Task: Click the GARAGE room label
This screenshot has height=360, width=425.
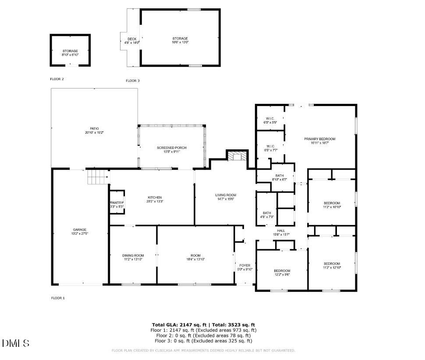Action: pyautogui.click(x=79, y=229)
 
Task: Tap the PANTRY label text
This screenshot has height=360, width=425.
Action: pyautogui.click(x=117, y=203)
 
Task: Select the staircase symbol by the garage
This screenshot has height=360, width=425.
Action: pyautogui.click(x=98, y=177)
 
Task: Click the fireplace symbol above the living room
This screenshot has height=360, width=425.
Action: pyautogui.click(x=237, y=157)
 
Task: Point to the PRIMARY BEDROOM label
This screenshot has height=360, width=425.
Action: pyautogui.click(x=319, y=139)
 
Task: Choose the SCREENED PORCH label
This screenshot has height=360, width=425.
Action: pyautogui.click(x=171, y=148)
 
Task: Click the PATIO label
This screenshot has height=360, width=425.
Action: pyautogui.click(x=94, y=129)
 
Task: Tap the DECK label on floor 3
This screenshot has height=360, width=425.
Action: pyautogui.click(x=132, y=39)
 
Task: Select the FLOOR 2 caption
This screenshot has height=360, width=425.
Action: pyautogui.click(x=57, y=79)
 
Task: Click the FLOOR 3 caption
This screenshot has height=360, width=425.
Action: pyautogui.click(x=133, y=81)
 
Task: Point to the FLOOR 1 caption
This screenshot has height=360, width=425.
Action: pyautogui.click(x=58, y=298)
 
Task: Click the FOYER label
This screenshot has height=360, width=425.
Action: pyautogui.click(x=244, y=265)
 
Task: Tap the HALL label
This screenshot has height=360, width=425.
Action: pyautogui.click(x=281, y=231)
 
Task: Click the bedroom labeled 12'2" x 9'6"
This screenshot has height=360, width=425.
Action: pyautogui.click(x=282, y=271)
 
